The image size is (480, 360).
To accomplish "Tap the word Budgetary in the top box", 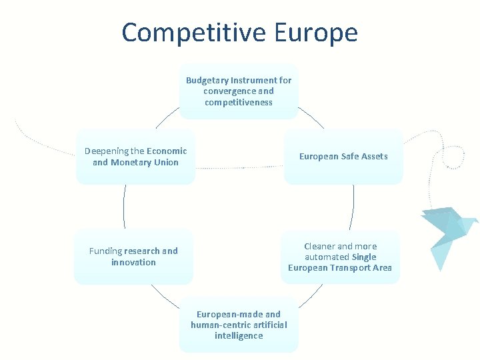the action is (207, 80).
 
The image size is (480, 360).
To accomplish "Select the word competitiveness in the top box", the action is (238, 102).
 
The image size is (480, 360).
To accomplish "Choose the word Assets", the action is (375, 156).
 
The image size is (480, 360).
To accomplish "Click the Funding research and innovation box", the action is (133, 257).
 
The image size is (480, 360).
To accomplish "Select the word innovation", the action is (133, 262).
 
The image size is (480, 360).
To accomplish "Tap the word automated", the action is (327, 257).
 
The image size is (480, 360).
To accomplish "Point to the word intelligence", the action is (239, 335).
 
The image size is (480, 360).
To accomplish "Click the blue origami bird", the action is (446, 230).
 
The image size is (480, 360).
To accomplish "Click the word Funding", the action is (106, 251).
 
